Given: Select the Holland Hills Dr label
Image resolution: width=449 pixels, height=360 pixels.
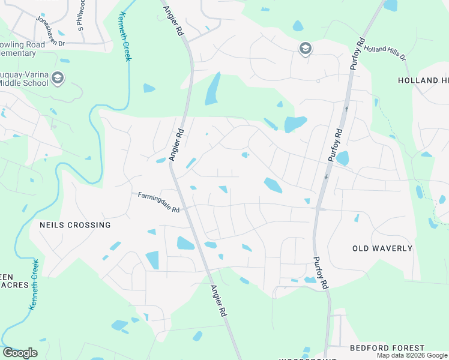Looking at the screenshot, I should [385, 53].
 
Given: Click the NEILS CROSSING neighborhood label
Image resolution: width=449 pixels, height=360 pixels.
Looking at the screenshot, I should [75, 225].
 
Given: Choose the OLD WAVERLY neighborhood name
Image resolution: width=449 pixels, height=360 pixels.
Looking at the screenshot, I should [382, 248].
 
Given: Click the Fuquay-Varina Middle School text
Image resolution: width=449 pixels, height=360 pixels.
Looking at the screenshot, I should [24, 78].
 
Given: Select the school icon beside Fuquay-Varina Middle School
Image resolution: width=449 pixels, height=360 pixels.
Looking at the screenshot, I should [58, 78].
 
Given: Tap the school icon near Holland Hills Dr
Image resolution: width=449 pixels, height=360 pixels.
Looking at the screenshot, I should [305, 49].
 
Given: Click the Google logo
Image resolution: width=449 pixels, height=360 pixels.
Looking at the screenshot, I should [20, 353].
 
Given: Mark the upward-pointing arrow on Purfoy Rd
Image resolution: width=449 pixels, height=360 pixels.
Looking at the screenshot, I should [346, 109].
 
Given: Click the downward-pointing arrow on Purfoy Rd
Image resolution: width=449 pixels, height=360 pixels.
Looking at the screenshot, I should [327, 176].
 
